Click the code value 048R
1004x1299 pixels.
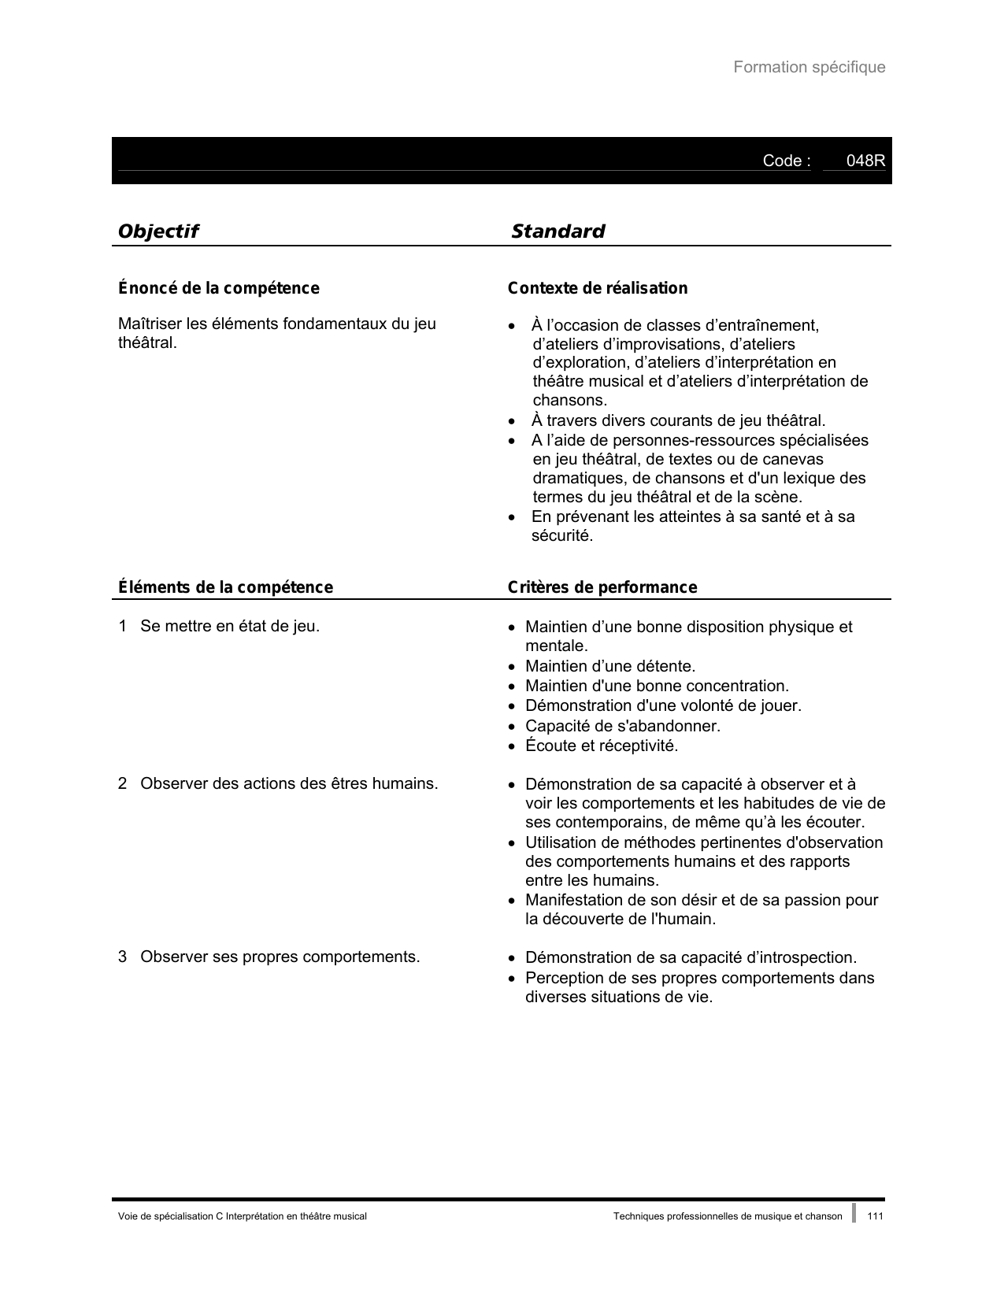click(x=865, y=161)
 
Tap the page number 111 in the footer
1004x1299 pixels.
click(x=875, y=1216)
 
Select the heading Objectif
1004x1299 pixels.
click(x=157, y=231)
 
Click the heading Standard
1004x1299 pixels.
click(x=558, y=231)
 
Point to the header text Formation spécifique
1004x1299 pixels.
click(x=809, y=67)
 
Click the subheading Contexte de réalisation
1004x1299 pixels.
click(x=597, y=288)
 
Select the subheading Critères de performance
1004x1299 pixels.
click(x=602, y=587)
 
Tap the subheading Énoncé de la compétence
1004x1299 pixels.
click(x=218, y=288)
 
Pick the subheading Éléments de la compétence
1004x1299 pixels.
click(x=225, y=587)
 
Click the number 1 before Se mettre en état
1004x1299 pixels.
click(x=122, y=627)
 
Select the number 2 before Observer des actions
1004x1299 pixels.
click(x=122, y=784)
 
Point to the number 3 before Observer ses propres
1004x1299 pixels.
click(x=122, y=957)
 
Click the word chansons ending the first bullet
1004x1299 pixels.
click(x=569, y=401)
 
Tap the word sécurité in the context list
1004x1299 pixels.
click(x=561, y=536)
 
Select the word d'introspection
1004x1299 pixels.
click(x=801, y=958)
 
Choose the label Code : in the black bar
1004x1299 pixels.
click(x=786, y=161)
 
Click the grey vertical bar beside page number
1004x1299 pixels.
click(x=854, y=1213)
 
